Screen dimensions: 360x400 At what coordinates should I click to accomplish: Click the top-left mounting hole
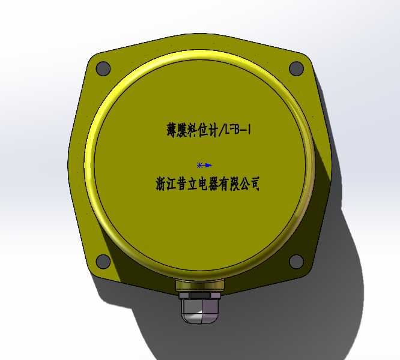103,68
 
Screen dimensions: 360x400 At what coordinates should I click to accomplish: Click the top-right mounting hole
296,68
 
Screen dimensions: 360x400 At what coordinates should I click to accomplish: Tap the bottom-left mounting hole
103,261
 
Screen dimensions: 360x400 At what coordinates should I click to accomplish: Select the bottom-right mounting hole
296,261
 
